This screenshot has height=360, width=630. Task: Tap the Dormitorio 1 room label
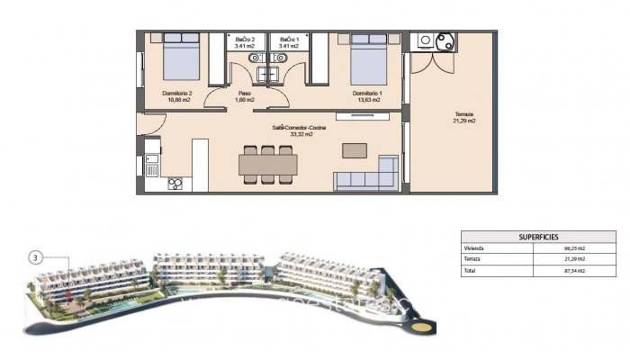(366, 96)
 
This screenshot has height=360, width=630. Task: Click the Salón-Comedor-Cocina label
(298, 130)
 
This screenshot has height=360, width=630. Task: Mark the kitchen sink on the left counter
(152, 166)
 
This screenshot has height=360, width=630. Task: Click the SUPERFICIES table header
(525, 236)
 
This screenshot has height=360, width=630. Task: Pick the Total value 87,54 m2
(574, 270)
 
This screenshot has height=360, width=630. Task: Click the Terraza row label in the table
(473, 258)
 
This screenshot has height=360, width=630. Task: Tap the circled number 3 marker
(34, 257)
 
